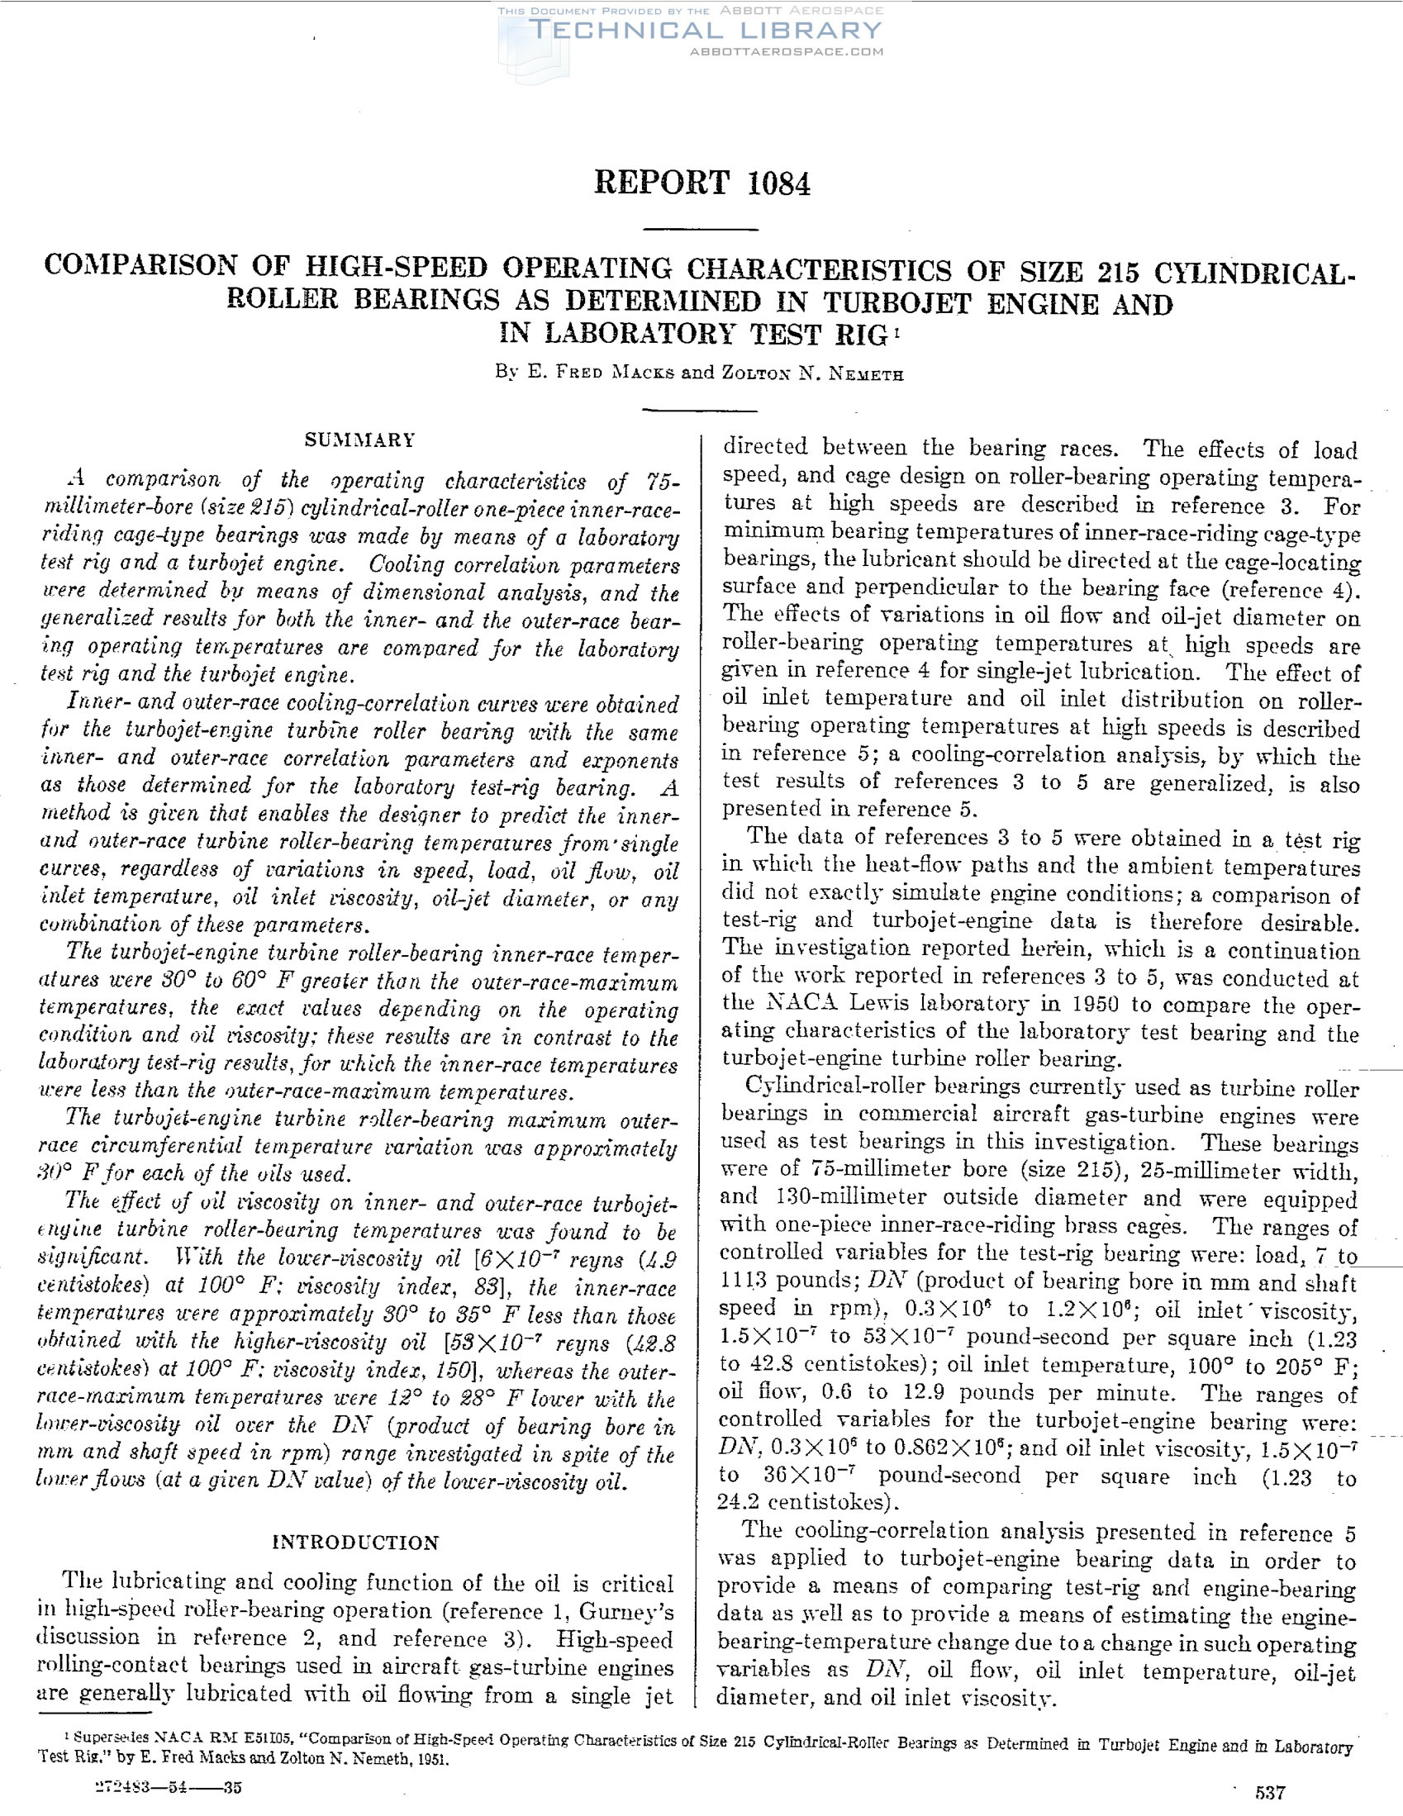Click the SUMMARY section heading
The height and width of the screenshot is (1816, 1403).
pos(360,440)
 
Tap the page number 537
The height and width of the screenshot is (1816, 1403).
pos(1271,1791)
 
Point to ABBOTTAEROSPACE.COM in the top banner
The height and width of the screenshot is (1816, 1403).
pos(787,51)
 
